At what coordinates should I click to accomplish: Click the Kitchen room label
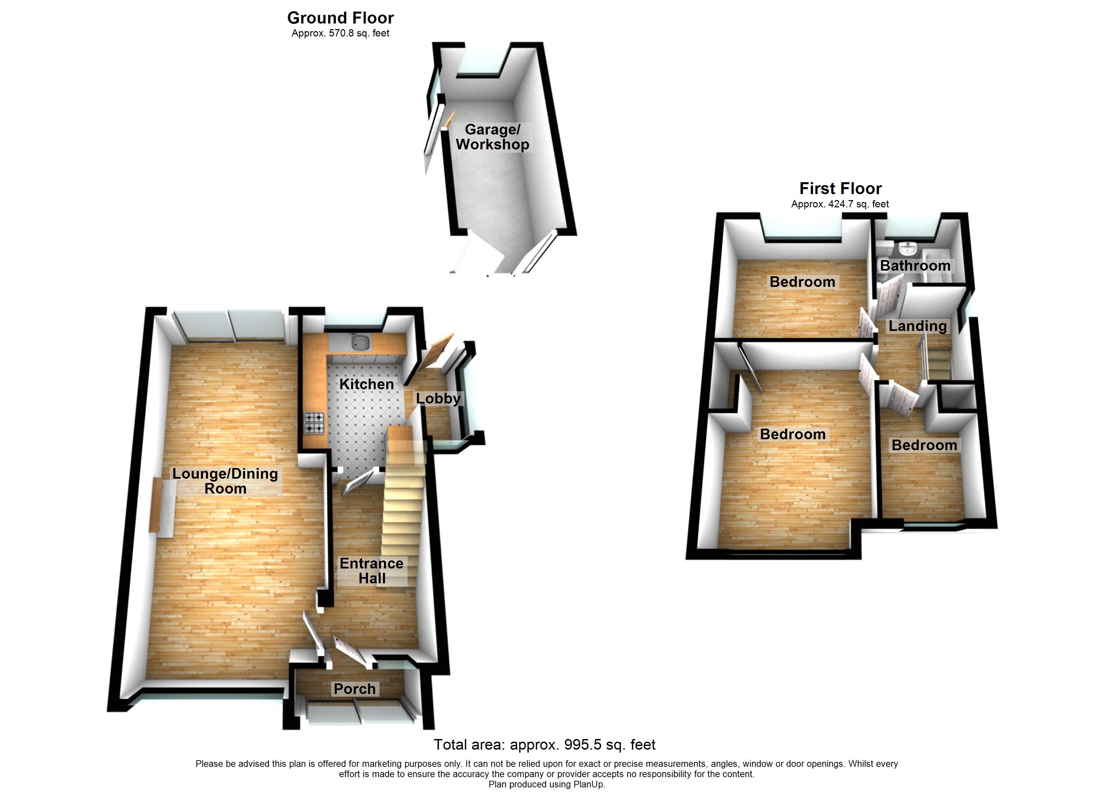pyautogui.click(x=367, y=384)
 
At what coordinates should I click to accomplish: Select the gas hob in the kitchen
pyautogui.click(x=315, y=423)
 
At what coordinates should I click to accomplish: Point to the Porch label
pyautogui.click(x=354, y=689)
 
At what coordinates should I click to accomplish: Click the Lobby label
pyautogui.click(x=438, y=399)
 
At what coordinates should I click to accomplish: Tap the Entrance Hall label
pyautogui.click(x=371, y=571)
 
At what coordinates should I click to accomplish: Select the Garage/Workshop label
pyautogui.click(x=493, y=137)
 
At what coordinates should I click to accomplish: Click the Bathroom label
pyautogui.click(x=915, y=266)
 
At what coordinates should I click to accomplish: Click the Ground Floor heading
pyautogui.click(x=340, y=18)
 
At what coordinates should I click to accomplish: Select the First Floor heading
pyautogui.click(x=840, y=188)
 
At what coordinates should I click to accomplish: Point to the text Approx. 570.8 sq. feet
pyautogui.click(x=340, y=33)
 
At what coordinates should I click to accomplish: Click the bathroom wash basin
pyautogui.click(x=908, y=249)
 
